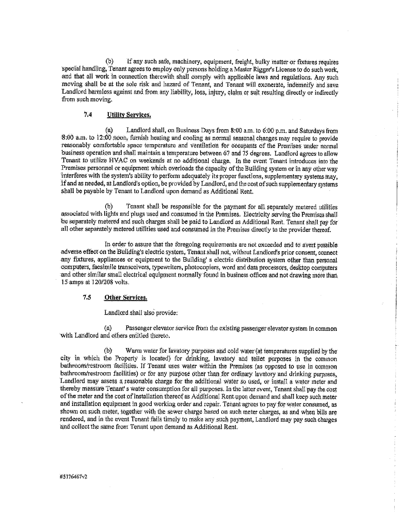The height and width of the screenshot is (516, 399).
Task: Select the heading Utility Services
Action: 129,115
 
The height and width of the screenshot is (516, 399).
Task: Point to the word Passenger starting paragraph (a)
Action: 140,329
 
